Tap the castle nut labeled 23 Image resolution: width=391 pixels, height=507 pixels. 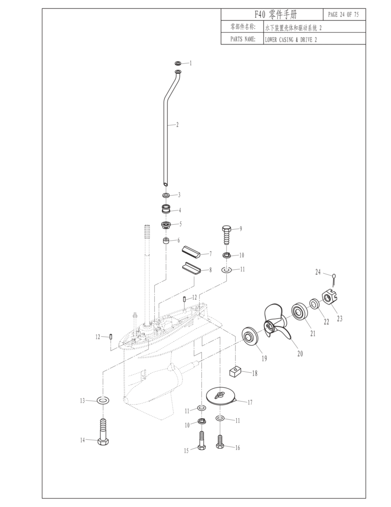(x=328, y=298)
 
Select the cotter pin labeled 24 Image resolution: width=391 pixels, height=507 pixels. (x=334, y=280)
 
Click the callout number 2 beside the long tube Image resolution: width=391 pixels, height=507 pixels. (x=177, y=125)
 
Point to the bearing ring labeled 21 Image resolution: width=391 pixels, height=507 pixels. (x=299, y=310)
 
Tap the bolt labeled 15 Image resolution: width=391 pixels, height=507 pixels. (x=201, y=440)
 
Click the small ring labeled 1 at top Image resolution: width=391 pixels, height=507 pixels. (x=178, y=63)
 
